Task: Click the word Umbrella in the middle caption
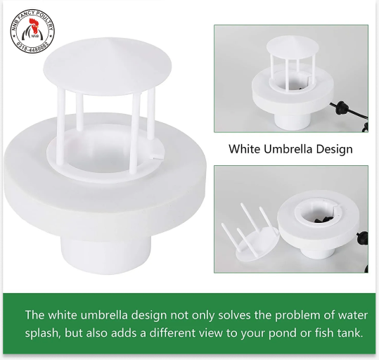tap(288, 149)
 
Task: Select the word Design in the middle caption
tap(335, 149)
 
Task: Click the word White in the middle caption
tap(243, 149)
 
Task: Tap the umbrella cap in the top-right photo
tap(288, 46)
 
